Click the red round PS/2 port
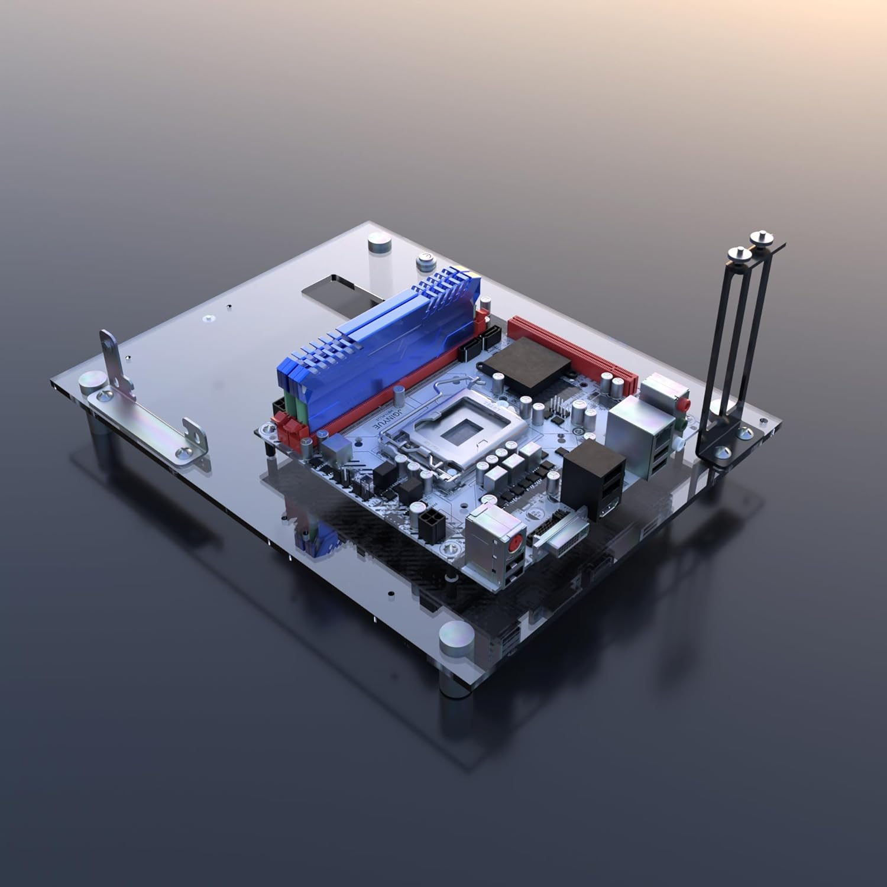click(x=516, y=540)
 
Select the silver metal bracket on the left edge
click(x=148, y=414)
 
